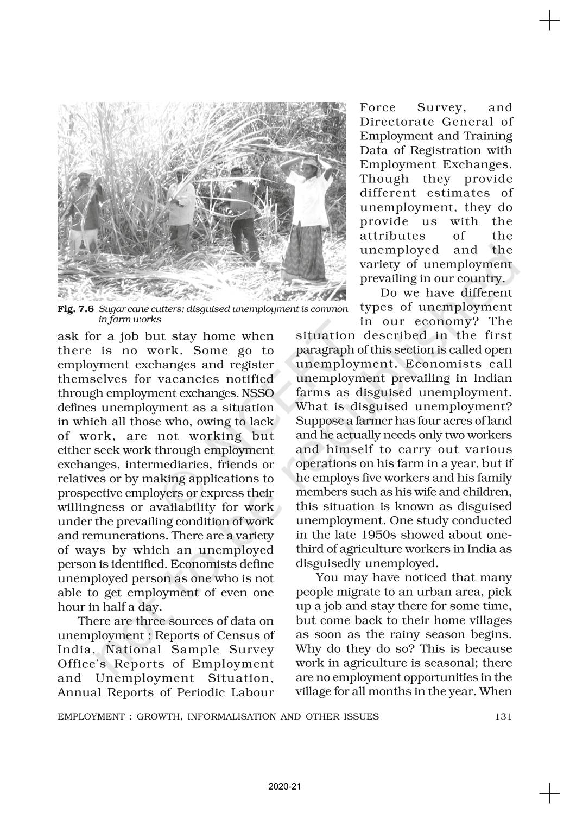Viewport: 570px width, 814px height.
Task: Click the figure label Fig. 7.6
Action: point(75,309)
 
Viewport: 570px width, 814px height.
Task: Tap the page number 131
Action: point(503,716)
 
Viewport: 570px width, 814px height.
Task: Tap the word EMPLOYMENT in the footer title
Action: point(90,716)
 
